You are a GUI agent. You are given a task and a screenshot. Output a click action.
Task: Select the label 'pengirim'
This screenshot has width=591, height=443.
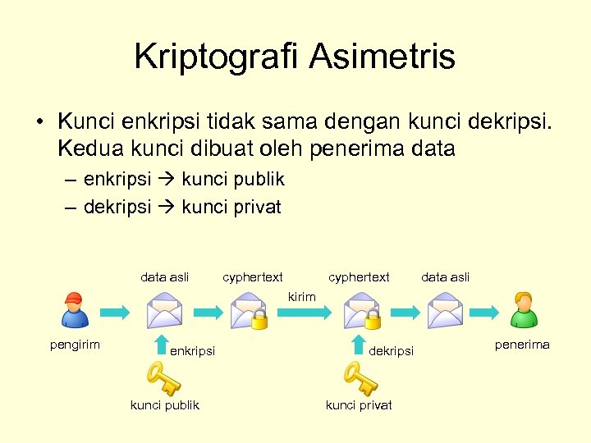point(75,345)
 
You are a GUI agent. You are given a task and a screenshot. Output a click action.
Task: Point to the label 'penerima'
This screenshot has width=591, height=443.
point(522,345)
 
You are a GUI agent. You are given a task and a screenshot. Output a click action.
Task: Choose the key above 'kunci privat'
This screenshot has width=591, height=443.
point(360,379)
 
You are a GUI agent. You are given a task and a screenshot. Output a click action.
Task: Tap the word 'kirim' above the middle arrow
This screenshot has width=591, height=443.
point(301,296)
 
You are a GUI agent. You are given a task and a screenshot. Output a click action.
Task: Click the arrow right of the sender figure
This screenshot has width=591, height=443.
point(115,312)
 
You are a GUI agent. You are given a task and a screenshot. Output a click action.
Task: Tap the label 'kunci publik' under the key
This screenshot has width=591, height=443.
point(165,405)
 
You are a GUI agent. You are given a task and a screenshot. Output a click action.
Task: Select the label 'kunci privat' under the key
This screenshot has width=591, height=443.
point(359,405)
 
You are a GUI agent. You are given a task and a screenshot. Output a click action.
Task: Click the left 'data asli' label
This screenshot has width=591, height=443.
point(165,277)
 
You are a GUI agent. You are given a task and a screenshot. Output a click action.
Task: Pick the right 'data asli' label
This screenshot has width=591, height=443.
point(445,277)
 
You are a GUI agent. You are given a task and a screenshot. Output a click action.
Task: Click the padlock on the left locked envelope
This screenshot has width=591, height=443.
point(259,319)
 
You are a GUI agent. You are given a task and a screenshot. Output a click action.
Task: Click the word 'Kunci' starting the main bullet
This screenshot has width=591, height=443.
point(87,121)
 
